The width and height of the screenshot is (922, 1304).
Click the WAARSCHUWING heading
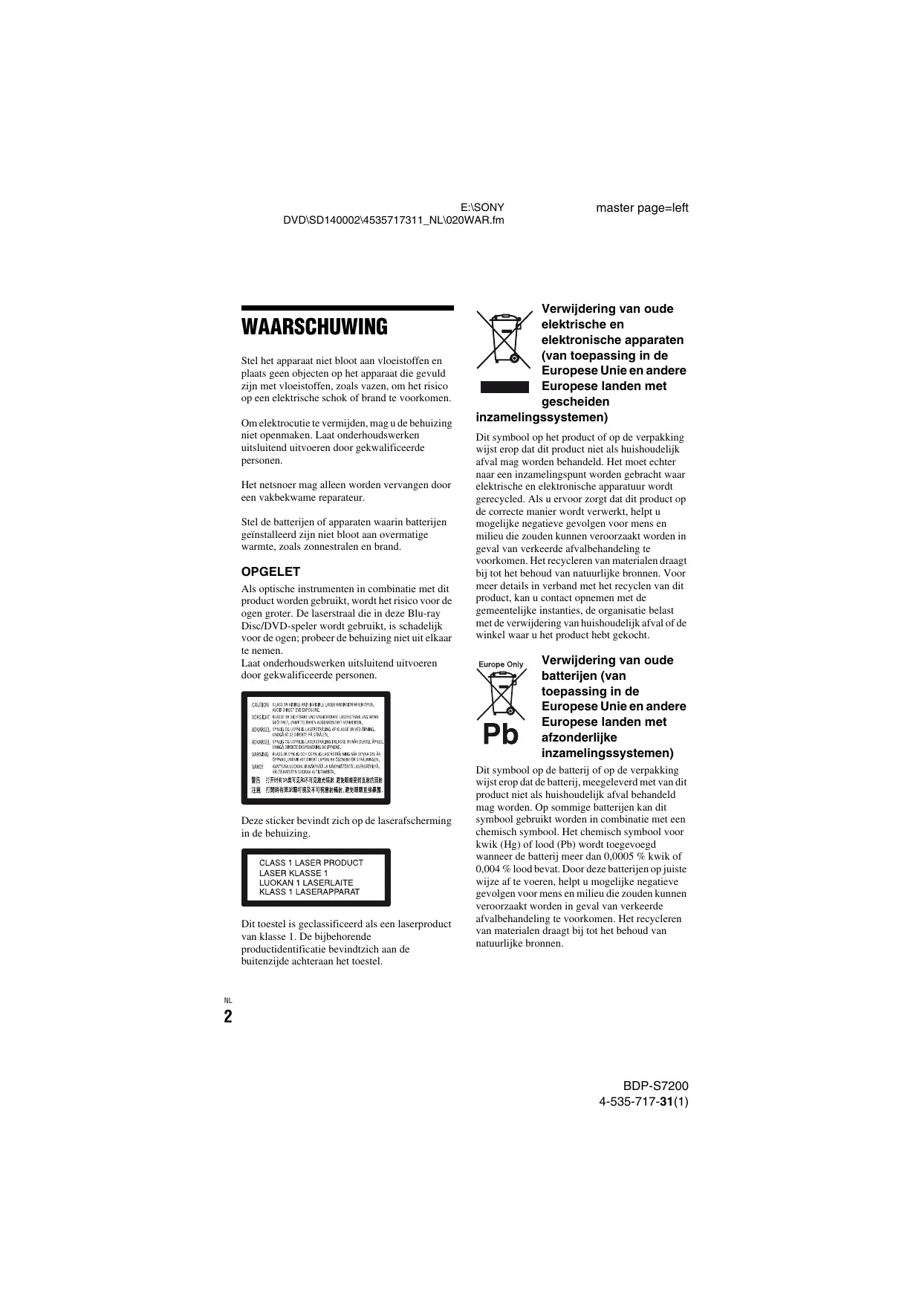point(314,327)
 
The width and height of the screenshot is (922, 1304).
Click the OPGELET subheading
point(270,571)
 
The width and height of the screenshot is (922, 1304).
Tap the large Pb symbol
point(500,734)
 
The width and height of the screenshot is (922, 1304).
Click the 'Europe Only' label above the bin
point(501,664)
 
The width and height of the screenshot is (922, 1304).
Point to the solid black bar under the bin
point(504,386)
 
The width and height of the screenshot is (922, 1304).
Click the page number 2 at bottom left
point(228,1016)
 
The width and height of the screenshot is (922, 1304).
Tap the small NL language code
point(228,1000)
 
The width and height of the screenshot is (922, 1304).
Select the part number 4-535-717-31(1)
point(643,1101)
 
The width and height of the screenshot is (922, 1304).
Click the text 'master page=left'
point(642,208)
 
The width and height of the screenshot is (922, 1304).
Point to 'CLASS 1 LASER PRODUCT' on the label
point(311,863)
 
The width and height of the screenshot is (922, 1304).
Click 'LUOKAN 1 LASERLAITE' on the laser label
point(306,883)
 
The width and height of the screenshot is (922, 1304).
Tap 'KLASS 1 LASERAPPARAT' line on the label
point(309,892)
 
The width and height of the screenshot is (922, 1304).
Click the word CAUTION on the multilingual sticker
point(260,704)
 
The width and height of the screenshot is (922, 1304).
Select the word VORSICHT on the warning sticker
point(260,717)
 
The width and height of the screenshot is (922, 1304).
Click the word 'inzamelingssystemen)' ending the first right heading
point(542,417)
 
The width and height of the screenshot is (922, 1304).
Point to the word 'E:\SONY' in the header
point(483,208)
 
